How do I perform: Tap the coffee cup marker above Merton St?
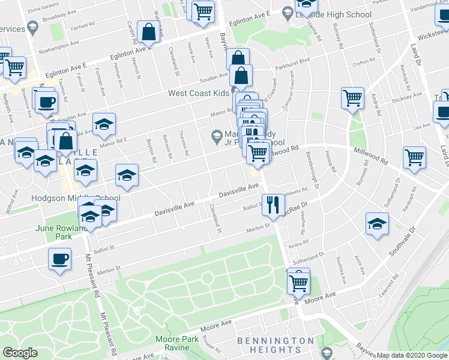tap(59, 259)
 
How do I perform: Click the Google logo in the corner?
tap(20, 353)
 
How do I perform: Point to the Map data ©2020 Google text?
tap(408, 355)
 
